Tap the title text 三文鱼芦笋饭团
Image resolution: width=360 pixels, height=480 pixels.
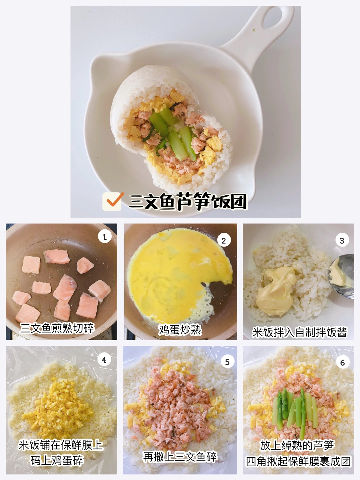coord(188,201)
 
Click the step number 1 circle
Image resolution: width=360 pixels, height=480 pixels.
coord(105,236)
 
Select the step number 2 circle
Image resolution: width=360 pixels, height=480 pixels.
coord(224,240)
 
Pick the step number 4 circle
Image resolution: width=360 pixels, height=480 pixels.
coord(104,360)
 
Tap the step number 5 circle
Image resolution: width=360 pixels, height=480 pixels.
coord(227,362)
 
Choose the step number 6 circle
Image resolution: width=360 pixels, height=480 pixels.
coord(343,362)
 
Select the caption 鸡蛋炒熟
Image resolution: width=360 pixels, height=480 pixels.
coord(180,330)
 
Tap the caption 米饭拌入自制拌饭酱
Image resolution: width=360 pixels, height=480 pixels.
coord(299,332)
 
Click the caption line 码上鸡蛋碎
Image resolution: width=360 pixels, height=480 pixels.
coord(57,461)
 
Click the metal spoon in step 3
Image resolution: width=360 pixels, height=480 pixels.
coord(341,276)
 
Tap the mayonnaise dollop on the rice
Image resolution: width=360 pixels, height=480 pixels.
coord(277,291)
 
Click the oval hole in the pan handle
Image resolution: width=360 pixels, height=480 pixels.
coord(275,18)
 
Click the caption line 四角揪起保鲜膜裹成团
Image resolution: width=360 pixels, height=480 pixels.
coord(298,461)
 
